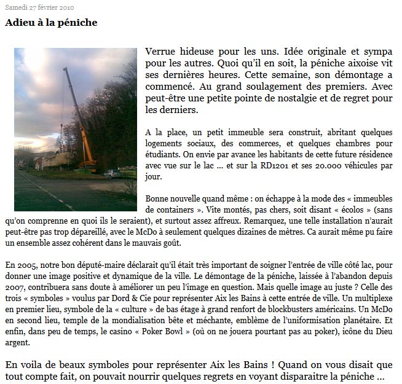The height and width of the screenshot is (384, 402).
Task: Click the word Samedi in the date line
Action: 16,6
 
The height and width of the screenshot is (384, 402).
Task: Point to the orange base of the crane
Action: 90,163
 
